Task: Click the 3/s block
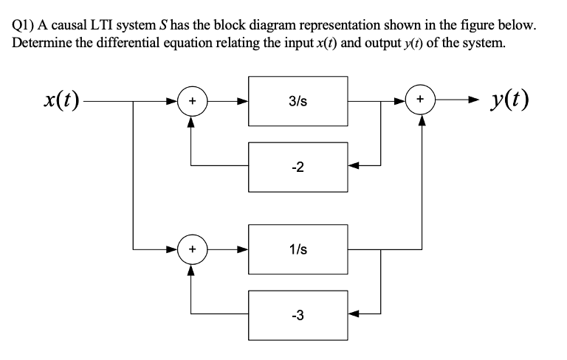(x=298, y=101)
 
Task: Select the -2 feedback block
(x=298, y=167)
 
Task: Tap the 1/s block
(x=298, y=249)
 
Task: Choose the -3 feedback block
(x=298, y=315)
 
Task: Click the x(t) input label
(x=61, y=100)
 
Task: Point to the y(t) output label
(x=510, y=100)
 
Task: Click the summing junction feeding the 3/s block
(x=193, y=101)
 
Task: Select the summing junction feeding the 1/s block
(x=193, y=249)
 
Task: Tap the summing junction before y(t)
(x=420, y=100)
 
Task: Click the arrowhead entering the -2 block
(x=354, y=165)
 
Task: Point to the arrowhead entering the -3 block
(x=354, y=314)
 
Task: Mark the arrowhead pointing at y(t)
(x=473, y=99)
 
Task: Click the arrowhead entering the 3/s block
(x=243, y=101)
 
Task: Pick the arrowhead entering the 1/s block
(x=243, y=249)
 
